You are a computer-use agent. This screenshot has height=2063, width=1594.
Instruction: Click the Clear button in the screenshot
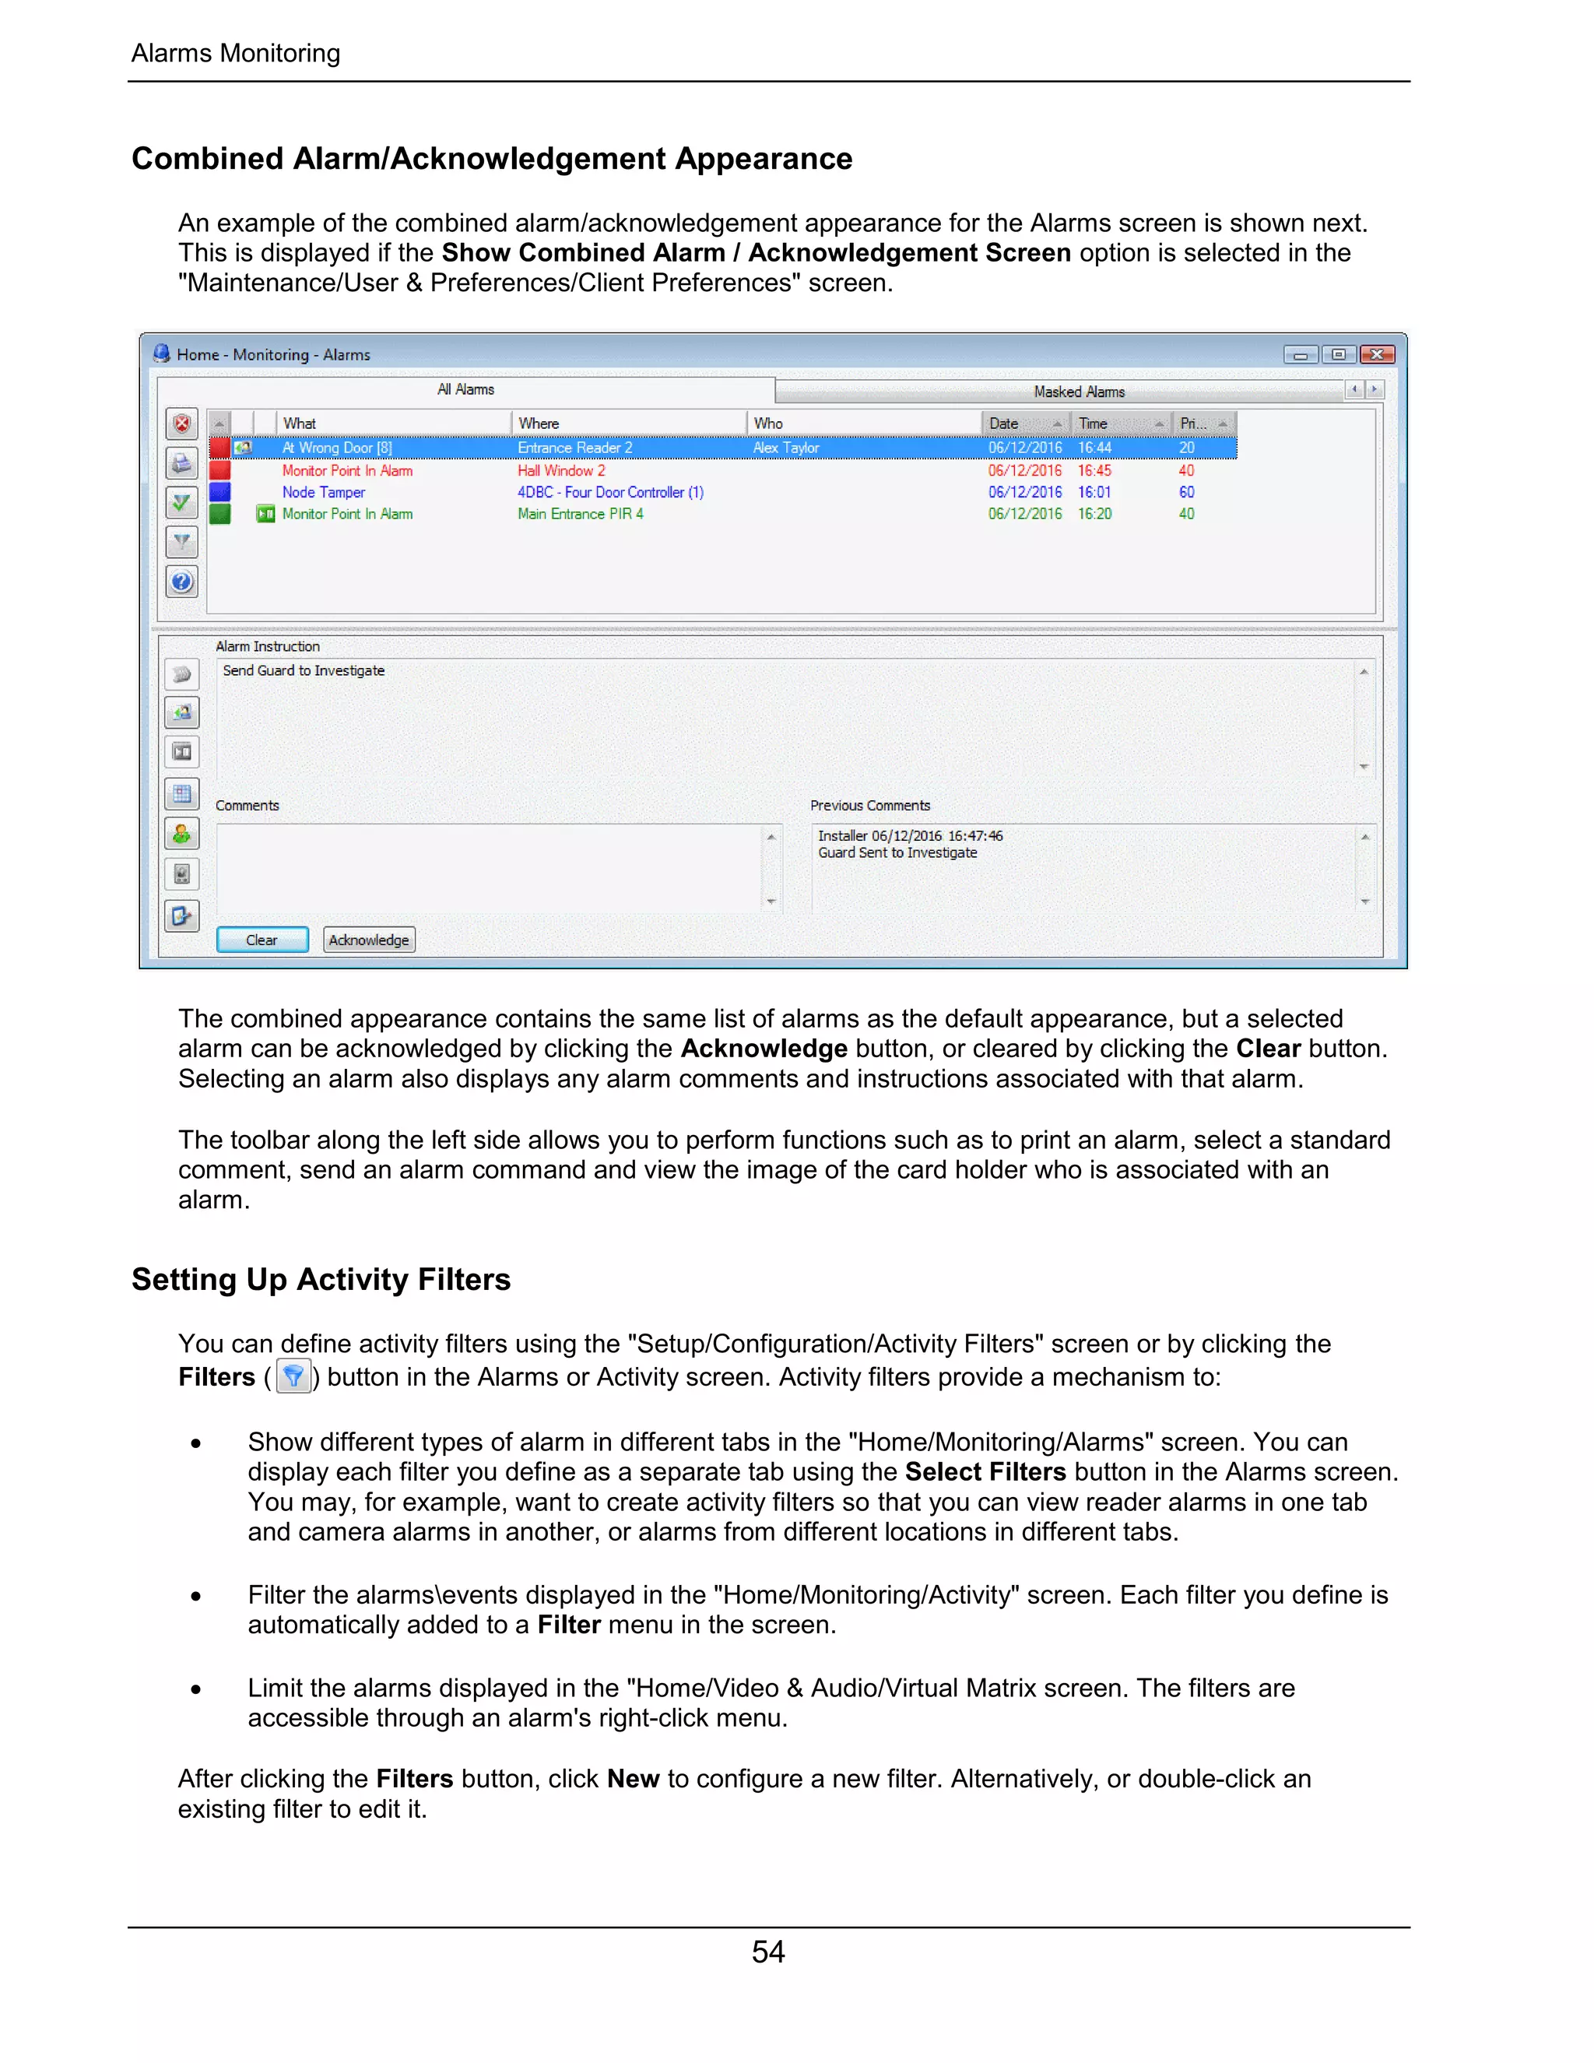pyautogui.click(x=262, y=940)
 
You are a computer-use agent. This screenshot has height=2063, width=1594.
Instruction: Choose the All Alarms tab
pyautogui.click(x=465, y=389)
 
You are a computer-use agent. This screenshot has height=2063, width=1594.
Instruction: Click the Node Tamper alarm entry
pyautogui.click(x=323, y=492)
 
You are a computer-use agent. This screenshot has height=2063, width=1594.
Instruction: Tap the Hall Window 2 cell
pyautogui.click(x=561, y=470)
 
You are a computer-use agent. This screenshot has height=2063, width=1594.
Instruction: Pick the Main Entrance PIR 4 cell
pyautogui.click(x=580, y=514)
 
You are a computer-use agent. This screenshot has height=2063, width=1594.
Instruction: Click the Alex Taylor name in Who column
pyautogui.click(x=785, y=448)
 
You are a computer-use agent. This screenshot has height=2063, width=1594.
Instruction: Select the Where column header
pyautogui.click(x=539, y=423)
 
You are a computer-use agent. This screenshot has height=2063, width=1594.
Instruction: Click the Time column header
pyautogui.click(x=1094, y=423)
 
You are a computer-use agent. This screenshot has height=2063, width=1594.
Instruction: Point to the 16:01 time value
pyautogui.click(x=1094, y=492)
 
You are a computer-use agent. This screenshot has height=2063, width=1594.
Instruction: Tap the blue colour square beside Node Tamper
pyautogui.click(x=220, y=492)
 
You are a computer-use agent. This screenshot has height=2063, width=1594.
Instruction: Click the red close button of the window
pyautogui.click(x=1377, y=354)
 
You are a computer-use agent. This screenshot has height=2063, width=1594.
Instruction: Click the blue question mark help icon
pyautogui.click(x=182, y=581)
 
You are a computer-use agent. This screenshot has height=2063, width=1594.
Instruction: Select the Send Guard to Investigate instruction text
pyautogui.click(x=303, y=670)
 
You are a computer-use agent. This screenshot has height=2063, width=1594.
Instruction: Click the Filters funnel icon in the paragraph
pyautogui.click(x=293, y=1376)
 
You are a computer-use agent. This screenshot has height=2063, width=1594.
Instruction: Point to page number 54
pyautogui.click(x=767, y=1952)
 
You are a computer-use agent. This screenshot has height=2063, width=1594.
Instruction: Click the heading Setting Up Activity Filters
pyautogui.click(x=321, y=1279)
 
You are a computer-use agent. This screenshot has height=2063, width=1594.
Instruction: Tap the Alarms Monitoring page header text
pyautogui.click(x=235, y=54)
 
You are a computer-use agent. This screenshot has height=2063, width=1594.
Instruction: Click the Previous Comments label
pyautogui.click(x=869, y=806)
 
